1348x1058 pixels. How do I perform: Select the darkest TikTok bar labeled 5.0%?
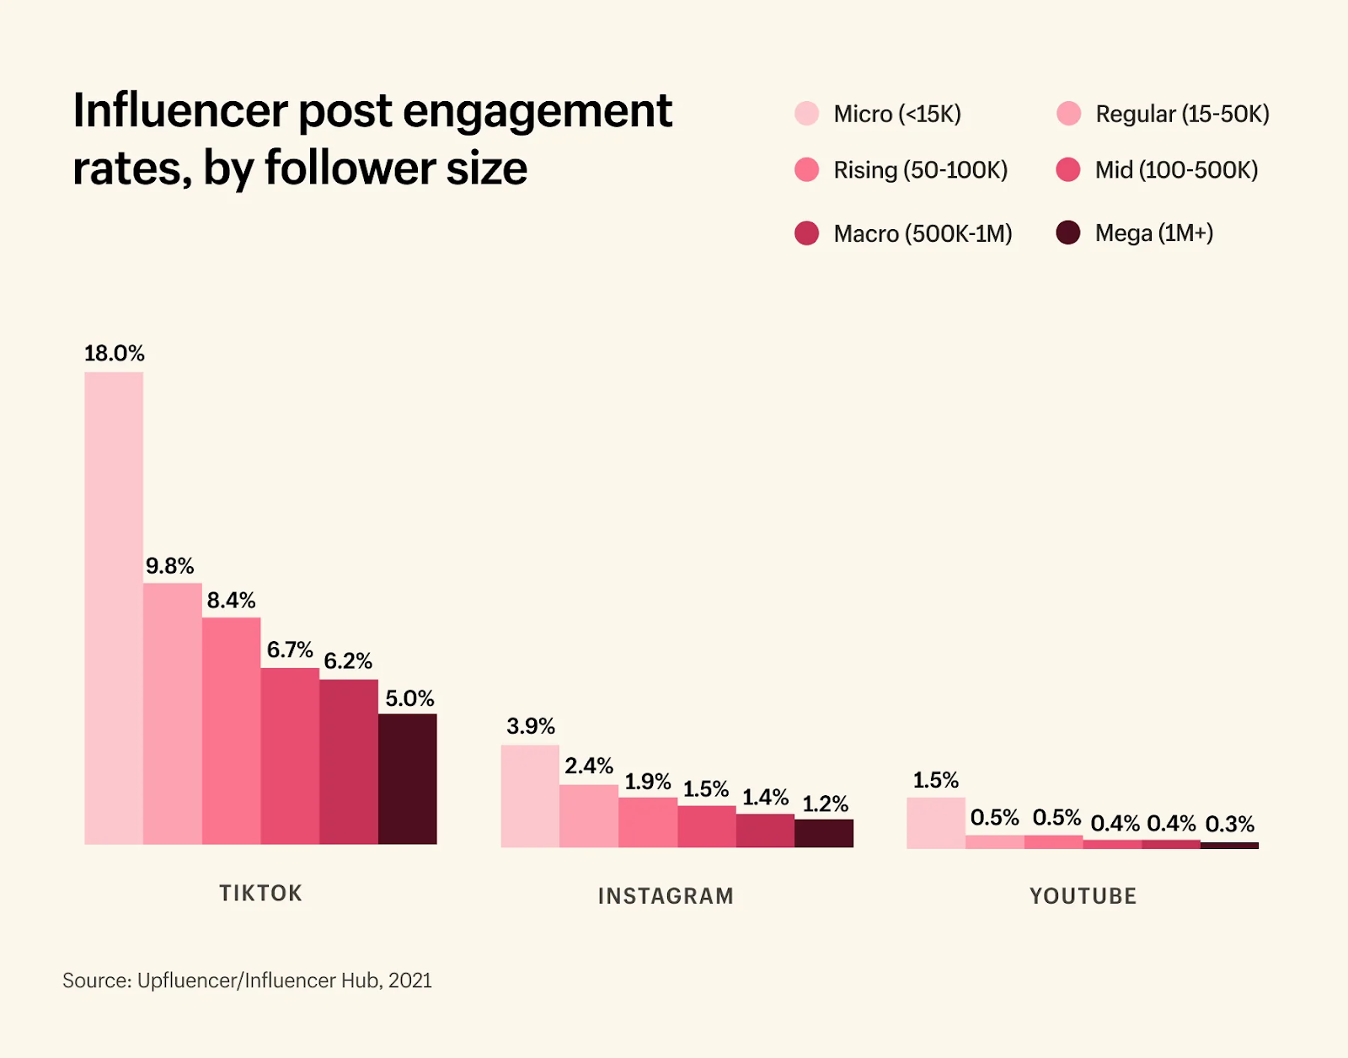coord(408,779)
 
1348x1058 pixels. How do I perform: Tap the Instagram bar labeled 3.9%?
coord(530,796)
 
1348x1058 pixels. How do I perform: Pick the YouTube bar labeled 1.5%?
coord(936,823)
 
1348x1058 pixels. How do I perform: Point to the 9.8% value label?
coord(169,566)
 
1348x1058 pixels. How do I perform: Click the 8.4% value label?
coord(231,601)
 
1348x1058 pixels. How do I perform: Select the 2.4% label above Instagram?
coord(589,767)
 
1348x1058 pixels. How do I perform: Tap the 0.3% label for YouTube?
coord(1229,824)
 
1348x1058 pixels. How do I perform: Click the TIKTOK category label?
coord(260,893)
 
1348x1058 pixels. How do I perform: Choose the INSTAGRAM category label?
coord(666,896)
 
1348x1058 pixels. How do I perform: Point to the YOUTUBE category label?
coord(1083,896)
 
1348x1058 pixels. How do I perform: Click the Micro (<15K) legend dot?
coord(807,114)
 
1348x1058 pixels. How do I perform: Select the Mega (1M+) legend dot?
coord(1068,232)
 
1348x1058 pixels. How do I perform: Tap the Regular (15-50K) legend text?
coord(1182,114)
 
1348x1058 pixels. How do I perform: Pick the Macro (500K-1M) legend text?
coord(923,233)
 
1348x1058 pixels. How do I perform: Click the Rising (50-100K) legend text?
coord(920,170)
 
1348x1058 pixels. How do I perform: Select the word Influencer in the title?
coord(180,111)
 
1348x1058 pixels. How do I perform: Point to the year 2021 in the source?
coord(410,981)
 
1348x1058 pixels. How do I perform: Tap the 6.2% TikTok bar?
coord(349,761)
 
